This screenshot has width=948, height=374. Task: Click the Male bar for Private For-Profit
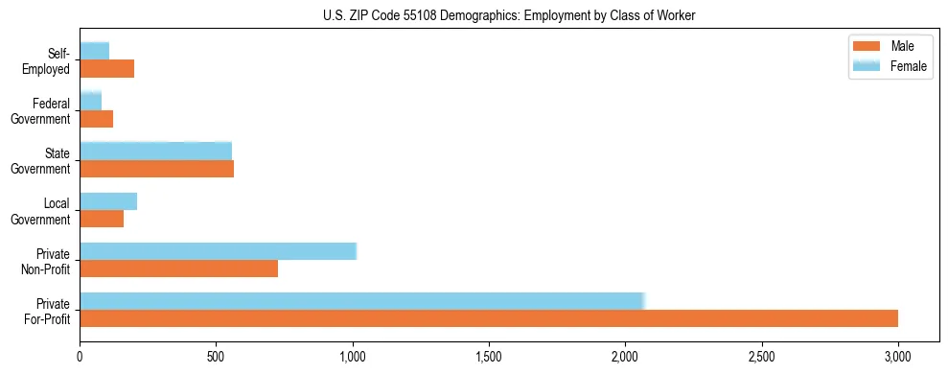click(x=489, y=318)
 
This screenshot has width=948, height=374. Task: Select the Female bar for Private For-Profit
click(x=362, y=300)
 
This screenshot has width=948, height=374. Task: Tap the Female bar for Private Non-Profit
click(x=218, y=251)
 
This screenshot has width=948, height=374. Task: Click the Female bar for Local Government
click(x=108, y=201)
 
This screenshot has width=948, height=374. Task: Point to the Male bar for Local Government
click(x=102, y=219)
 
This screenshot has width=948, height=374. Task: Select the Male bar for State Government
click(x=156, y=169)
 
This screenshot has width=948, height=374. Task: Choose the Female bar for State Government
click(x=155, y=151)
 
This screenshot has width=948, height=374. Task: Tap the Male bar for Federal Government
click(x=96, y=119)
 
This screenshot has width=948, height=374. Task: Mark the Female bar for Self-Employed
click(x=94, y=51)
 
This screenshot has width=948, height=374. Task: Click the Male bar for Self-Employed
click(x=106, y=69)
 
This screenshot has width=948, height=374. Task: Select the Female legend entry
click(x=891, y=65)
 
